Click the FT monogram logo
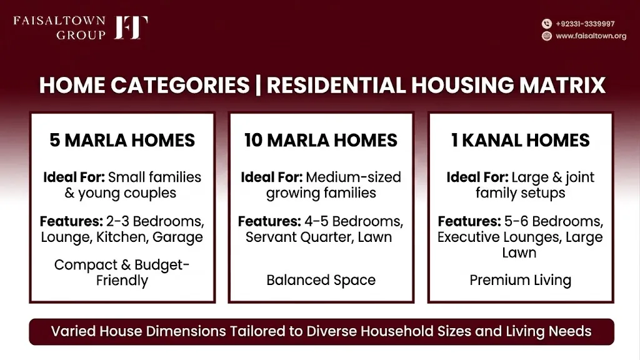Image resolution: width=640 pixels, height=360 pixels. point(131,27)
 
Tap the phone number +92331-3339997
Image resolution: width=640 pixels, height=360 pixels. point(585,24)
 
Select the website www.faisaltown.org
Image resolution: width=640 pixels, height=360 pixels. point(591,36)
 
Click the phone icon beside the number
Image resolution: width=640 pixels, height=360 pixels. point(546,24)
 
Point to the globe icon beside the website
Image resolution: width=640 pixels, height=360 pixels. point(546,36)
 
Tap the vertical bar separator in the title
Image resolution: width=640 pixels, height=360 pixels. point(258,85)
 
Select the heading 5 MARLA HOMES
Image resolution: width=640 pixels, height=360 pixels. point(122,141)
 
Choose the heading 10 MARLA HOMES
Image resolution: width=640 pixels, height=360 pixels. point(321,141)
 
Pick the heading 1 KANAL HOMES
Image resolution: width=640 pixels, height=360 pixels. point(521,141)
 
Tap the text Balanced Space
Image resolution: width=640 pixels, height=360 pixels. point(321,281)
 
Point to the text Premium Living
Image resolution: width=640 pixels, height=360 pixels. point(521,281)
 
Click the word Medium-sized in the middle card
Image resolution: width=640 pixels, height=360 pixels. point(354,177)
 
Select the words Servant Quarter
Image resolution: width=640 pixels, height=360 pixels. point(299,237)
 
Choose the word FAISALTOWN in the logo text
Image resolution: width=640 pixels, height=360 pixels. point(59,21)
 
